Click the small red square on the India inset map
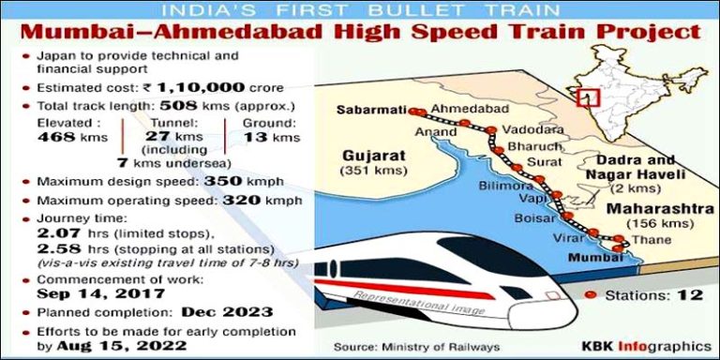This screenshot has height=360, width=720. point(589,97)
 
